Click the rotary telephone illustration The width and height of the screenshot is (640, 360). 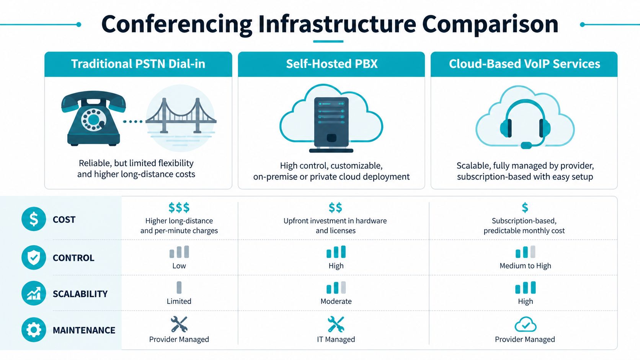pyautogui.click(x=93, y=119)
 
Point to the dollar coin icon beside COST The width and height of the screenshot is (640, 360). pyautogui.click(x=34, y=219)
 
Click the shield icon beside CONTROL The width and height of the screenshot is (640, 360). pyautogui.click(x=34, y=257)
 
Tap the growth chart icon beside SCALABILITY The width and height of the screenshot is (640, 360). pyautogui.click(x=34, y=293)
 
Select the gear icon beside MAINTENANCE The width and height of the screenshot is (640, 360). pyautogui.click(x=34, y=330)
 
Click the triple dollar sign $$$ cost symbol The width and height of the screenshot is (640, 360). pyautogui.click(x=179, y=208)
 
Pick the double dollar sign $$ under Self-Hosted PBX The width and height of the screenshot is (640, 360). pyautogui.click(x=335, y=208)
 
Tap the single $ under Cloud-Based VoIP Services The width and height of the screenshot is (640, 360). pyautogui.click(x=525, y=208)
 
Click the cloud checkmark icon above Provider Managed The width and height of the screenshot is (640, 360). pyautogui.click(x=525, y=325)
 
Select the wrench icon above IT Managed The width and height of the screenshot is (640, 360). pyautogui.click(x=336, y=324)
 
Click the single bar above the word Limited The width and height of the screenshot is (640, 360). pyautogui.click(x=179, y=287)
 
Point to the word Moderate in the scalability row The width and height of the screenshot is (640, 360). pyautogui.click(x=336, y=301)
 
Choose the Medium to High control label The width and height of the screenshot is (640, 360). pyautogui.click(x=525, y=266)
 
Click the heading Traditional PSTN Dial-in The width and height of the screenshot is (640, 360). pyautogui.click(x=138, y=64)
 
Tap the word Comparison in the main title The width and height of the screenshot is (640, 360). pyautogui.click(x=490, y=24)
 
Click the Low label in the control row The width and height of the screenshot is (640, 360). pyautogui.click(x=179, y=266)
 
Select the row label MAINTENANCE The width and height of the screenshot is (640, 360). pyautogui.click(x=84, y=330)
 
